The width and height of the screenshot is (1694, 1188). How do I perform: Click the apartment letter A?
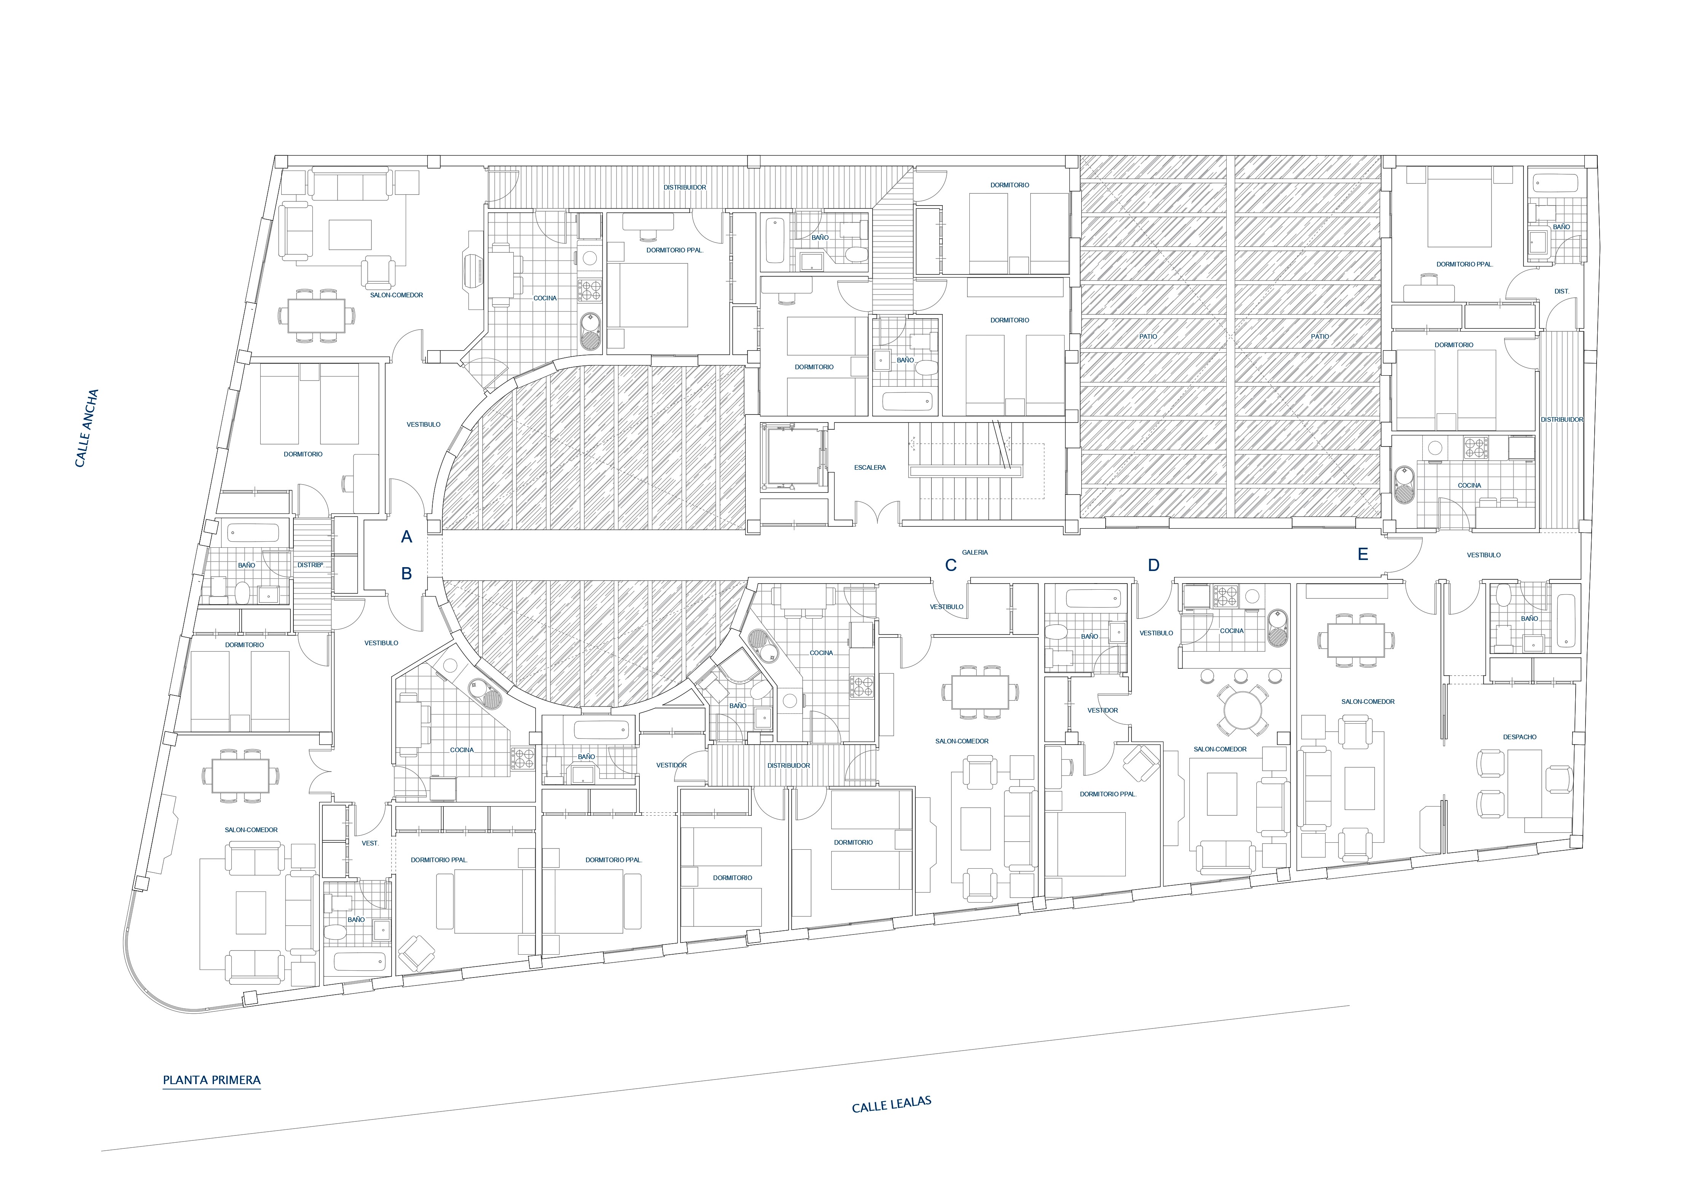pos(406,537)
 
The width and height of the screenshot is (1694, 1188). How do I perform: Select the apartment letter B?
pos(406,573)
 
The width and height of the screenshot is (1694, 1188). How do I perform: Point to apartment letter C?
pos(951,565)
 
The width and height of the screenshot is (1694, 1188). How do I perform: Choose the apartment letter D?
pos(1154,565)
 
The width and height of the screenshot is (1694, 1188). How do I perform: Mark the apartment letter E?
pos(1363,554)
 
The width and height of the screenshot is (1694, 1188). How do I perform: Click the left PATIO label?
pos(1148,336)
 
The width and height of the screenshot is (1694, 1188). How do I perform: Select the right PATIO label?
pos(1320,336)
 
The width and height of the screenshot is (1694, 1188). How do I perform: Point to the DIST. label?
pos(1562,292)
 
